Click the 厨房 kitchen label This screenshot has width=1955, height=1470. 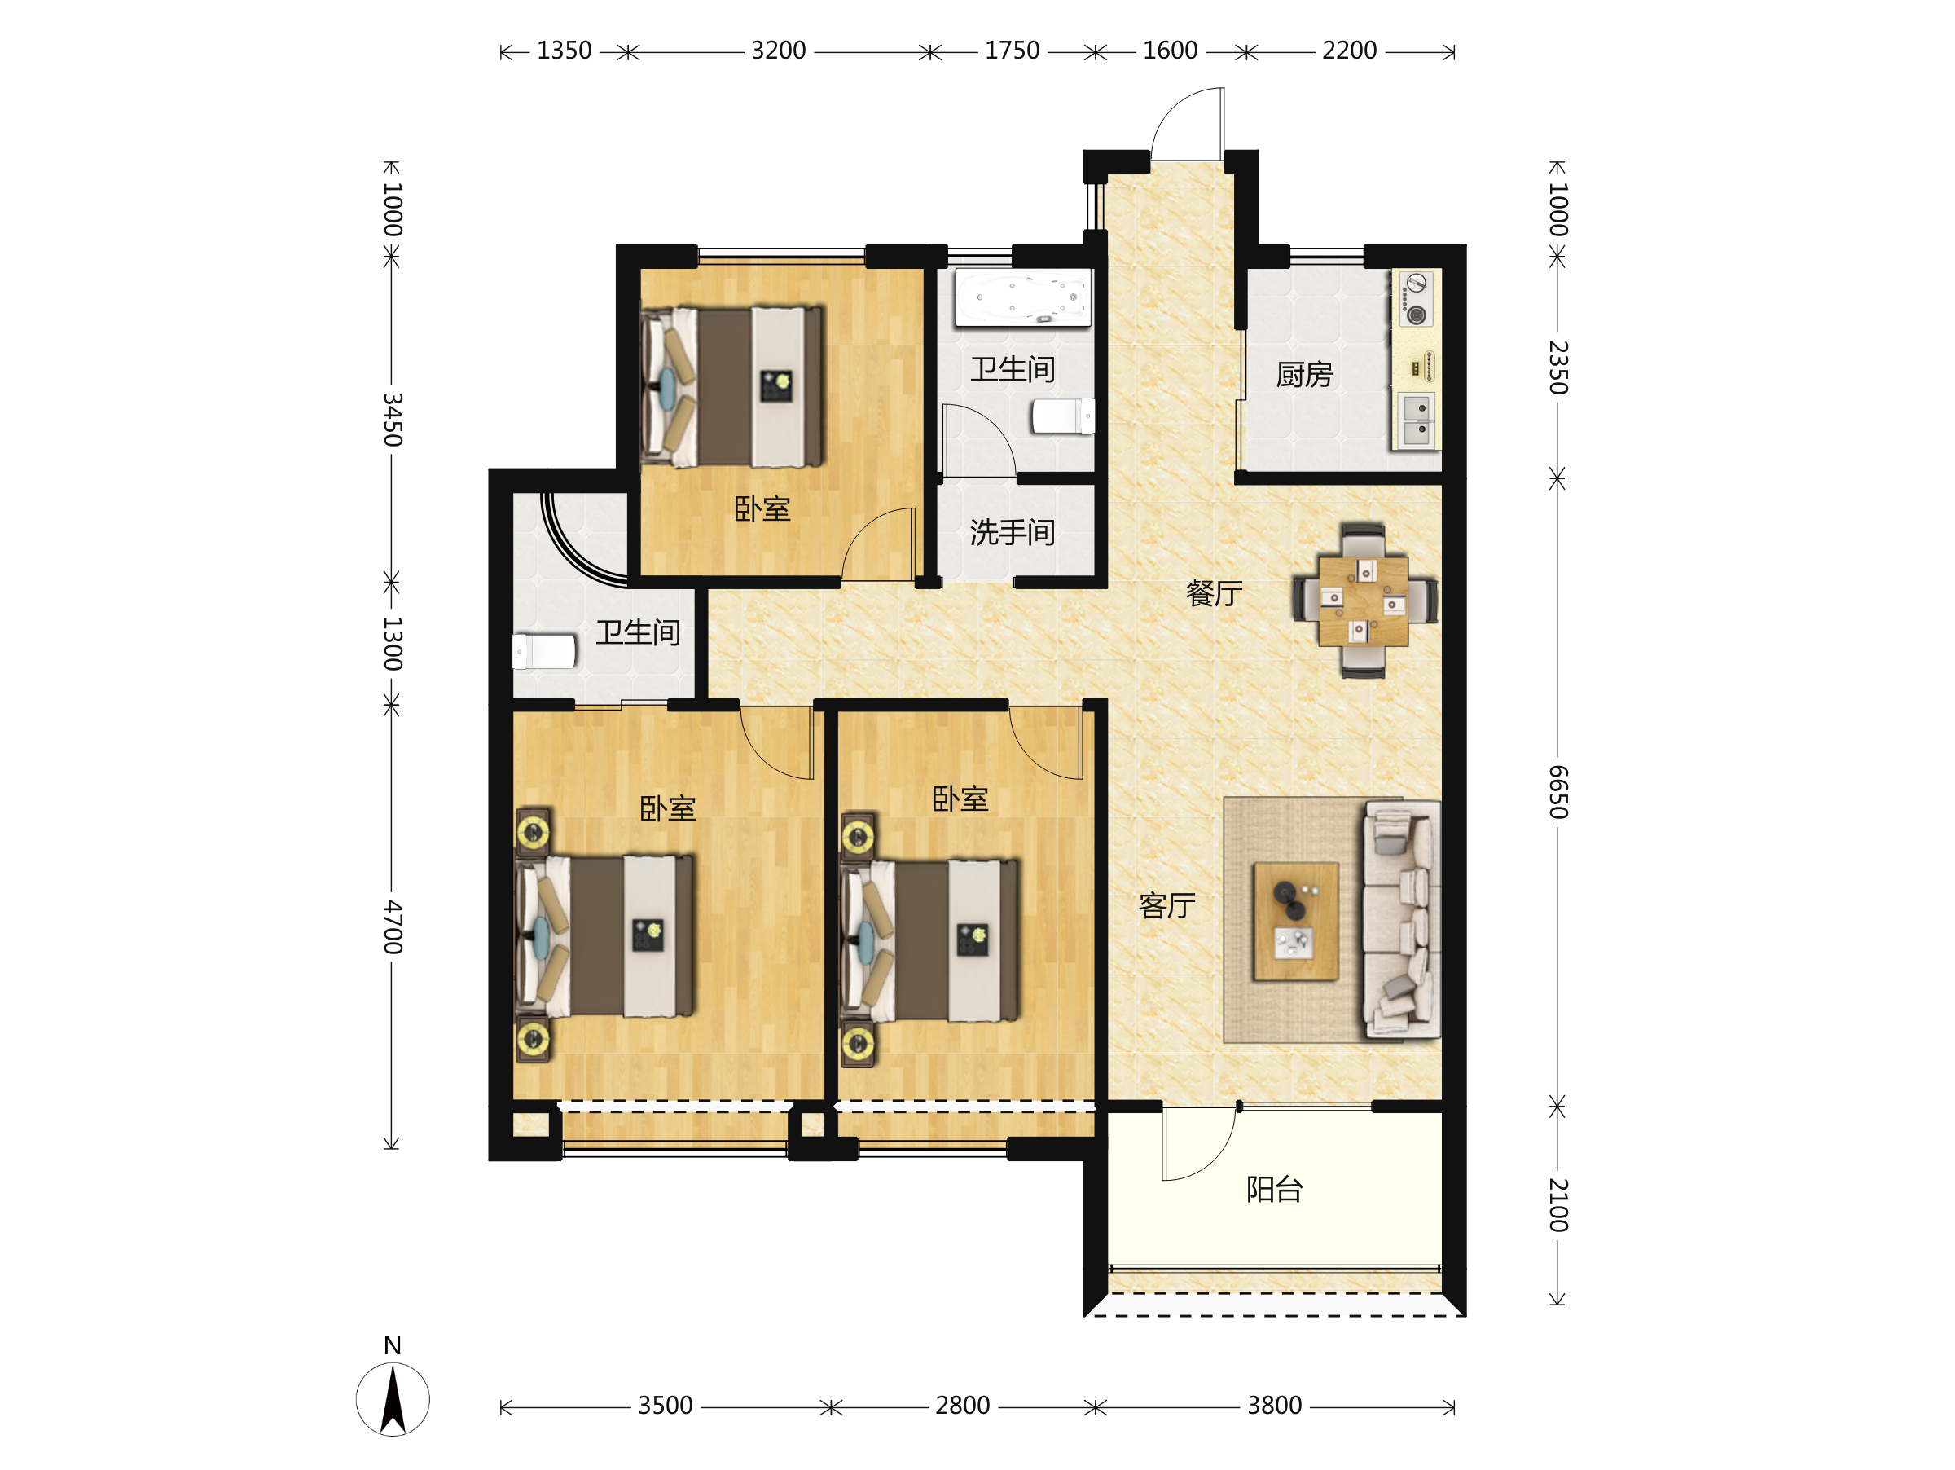pos(1303,375)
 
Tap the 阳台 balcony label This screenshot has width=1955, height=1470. pos(1275,1190)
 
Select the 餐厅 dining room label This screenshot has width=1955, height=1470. pos(1215,593)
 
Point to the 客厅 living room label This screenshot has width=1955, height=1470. pos(1166,906)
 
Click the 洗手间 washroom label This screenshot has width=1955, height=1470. pos(1013,532)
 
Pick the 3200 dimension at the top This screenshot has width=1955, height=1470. pos(779,51)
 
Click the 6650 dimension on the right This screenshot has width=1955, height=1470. pos(1558,792)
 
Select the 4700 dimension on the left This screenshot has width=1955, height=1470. pos(393,928)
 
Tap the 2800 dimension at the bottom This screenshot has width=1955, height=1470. pos(963,1406)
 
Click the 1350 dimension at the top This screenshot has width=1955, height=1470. pos(564,51)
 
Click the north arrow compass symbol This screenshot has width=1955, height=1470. pos(393,1399)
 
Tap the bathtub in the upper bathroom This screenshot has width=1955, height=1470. pos(1022,297)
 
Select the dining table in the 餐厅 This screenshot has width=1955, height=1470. pos(1363,601)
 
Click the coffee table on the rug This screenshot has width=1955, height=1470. pos(1296,922)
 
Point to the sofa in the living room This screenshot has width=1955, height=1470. pos(1403,918)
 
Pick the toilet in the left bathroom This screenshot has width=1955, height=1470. pos(544,651)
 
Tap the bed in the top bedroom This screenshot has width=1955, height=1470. pos(732,387)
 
